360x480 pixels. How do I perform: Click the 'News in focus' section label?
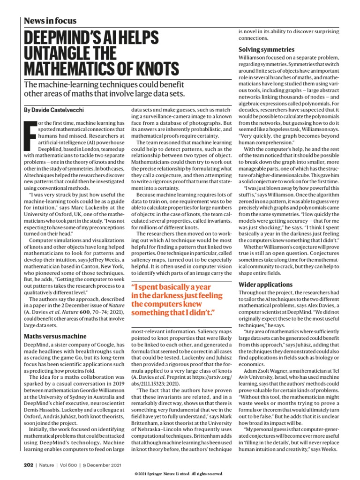[x=50, y=21]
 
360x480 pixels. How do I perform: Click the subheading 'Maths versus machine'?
[x=55, y=336]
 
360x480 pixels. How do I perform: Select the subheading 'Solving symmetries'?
[x=266, y=49]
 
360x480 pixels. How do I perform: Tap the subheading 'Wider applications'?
[x=265, y=285]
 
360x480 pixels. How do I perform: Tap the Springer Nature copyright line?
[x=180, y=474]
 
